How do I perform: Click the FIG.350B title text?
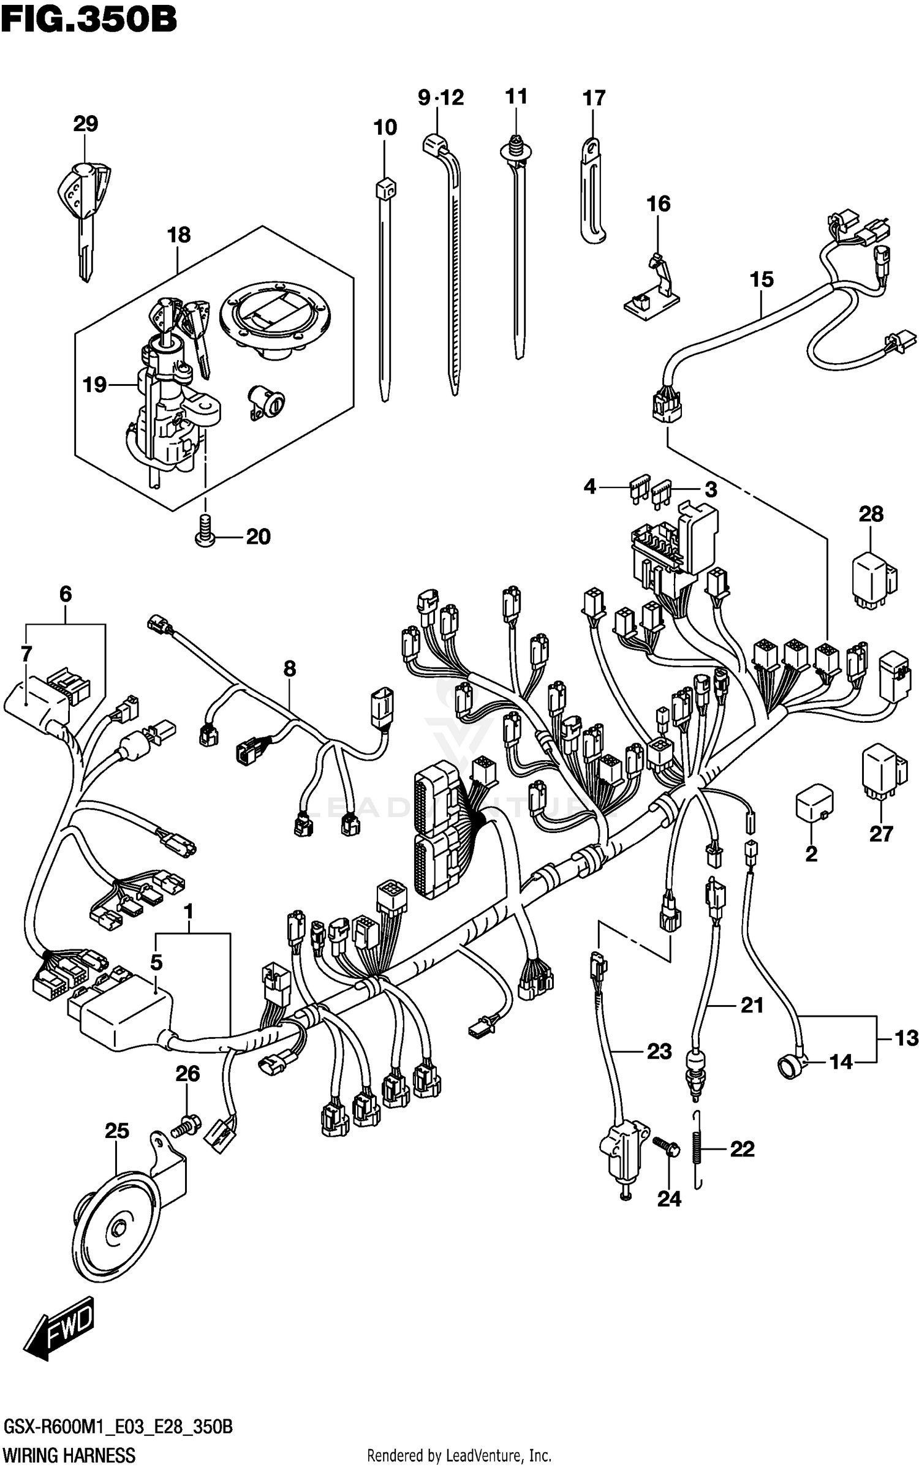(89, 20)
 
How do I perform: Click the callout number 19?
(95, 385)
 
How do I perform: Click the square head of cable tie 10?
(385, 188)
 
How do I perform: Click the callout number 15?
(762, 279)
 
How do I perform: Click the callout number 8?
(289, 669)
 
